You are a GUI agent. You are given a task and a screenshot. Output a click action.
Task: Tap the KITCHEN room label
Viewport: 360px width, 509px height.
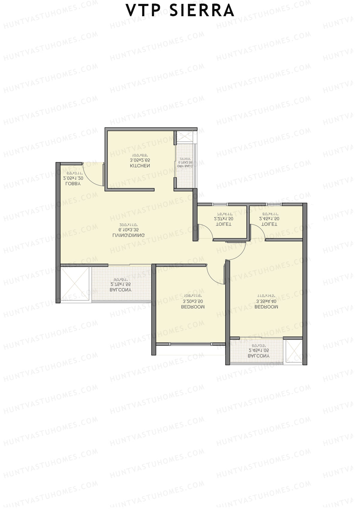(140, 166)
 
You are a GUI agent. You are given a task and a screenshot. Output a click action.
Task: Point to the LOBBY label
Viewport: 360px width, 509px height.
(73, 184)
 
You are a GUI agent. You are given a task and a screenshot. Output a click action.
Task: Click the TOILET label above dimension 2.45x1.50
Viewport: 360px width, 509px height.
(269, 224)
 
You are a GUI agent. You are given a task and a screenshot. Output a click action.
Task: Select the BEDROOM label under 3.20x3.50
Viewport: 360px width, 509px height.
(193, 307)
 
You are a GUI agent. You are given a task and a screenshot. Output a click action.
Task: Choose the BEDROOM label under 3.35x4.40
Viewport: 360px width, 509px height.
(266, 307)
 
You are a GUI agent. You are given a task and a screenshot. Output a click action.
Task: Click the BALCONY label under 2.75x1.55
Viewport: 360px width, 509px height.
(121, 290)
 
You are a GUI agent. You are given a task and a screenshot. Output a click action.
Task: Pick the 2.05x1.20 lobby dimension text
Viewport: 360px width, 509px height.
(73, 178)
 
